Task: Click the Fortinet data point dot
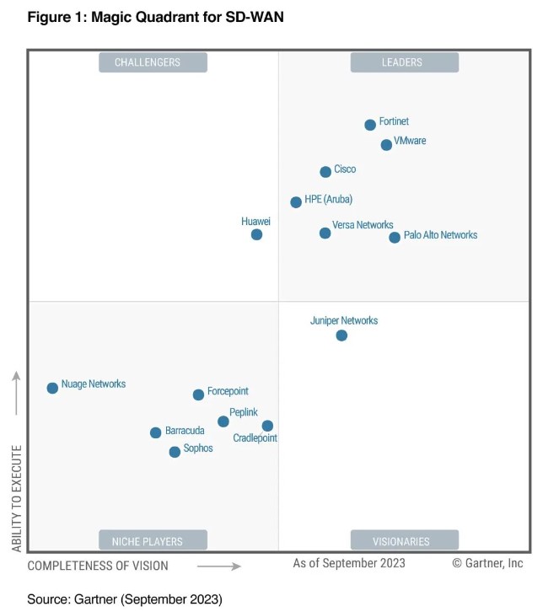point(370,125)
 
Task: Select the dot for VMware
point(386,145)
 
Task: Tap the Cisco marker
point(325,172)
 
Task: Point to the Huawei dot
point(256,234)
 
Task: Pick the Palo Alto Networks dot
point(395,238)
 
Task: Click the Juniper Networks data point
point(341,336)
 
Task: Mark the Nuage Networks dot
point(52,388)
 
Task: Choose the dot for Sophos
point(175,452)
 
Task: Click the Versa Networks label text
point(363,225)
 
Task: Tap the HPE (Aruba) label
point(328,200)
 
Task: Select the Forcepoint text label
point(228,391)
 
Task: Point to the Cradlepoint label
point(255,438)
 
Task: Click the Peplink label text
point(244,412)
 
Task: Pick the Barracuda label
point(185,431)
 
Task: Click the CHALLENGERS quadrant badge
point(153,62)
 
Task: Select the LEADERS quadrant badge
point(404,62)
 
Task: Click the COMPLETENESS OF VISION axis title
point(98,566)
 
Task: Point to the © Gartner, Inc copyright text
point(487,563)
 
